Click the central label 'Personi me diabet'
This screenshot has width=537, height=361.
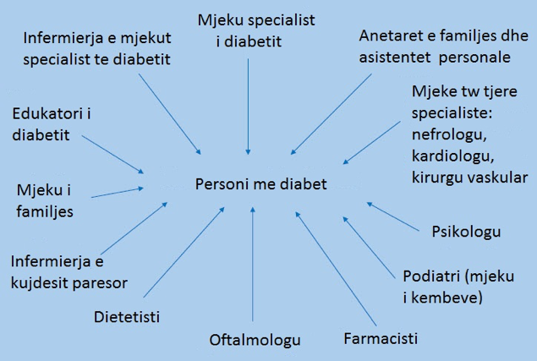261,184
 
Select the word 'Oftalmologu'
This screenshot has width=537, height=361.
255,340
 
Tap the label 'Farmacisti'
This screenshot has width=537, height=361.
381,339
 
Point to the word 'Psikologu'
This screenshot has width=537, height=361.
466,232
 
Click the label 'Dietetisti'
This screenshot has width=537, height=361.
127,317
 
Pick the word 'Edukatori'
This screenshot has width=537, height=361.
47,114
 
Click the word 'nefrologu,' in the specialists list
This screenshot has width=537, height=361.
449,135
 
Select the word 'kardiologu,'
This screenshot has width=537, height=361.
452,156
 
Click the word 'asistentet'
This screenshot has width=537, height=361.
395,57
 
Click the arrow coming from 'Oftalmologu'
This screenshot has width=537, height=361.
253,264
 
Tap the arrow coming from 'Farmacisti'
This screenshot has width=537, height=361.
336,269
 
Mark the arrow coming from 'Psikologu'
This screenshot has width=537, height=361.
393,216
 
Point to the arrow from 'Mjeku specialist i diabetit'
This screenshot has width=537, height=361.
249,107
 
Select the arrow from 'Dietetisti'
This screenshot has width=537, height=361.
184,252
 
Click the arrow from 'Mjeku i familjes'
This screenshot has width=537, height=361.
118,193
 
